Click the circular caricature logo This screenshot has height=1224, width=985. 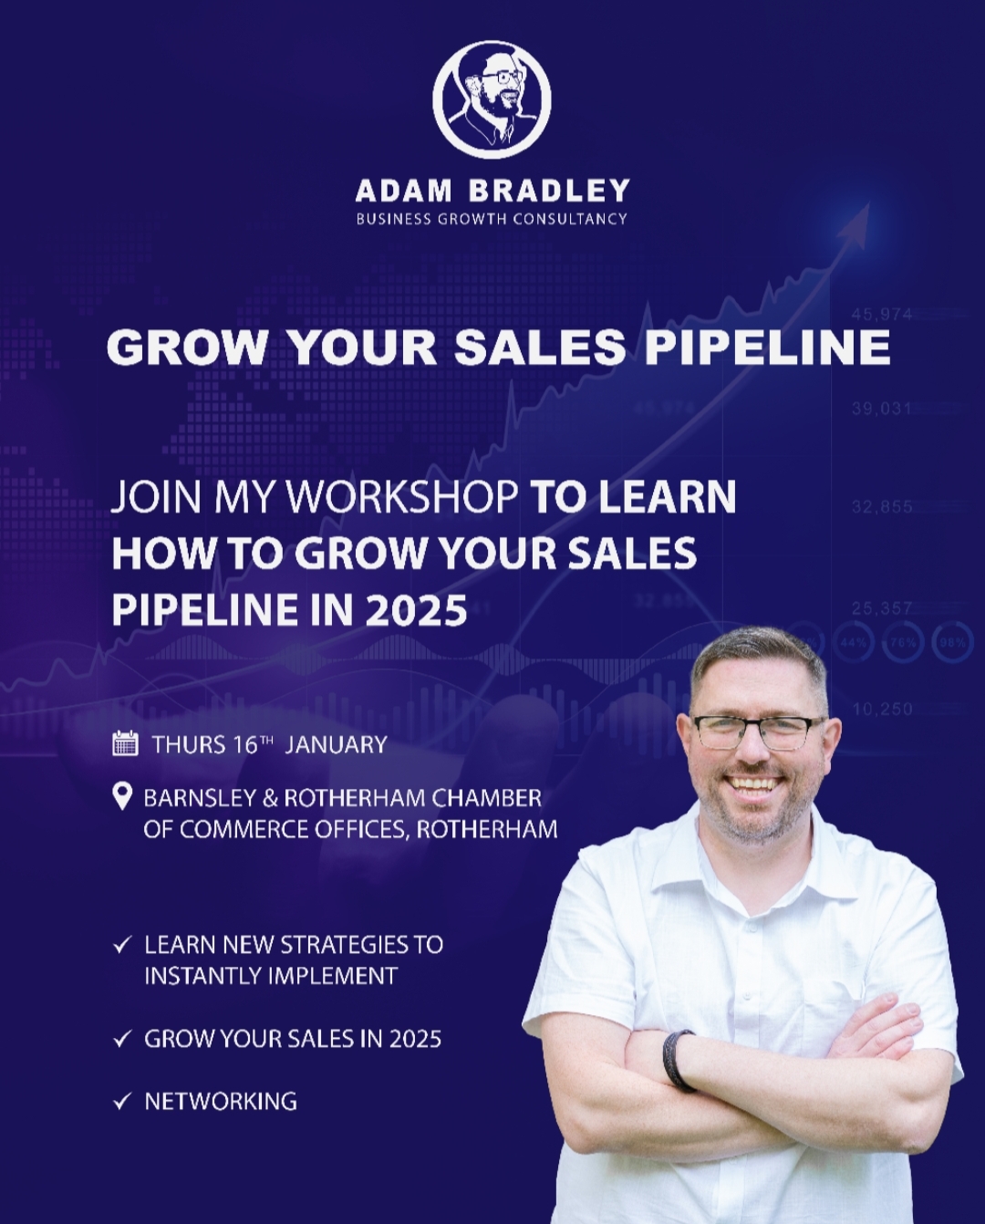click(x=492, y=99)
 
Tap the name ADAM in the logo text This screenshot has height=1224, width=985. click(x=403, y=191)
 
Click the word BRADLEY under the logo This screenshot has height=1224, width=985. click(x=549, y=191)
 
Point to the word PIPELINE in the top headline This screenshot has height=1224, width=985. click(x=767, y=347)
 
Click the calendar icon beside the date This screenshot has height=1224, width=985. click(x=126, y=743)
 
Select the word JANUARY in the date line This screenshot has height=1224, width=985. click(x=336, y=744)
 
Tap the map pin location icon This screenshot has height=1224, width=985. click(x=123, y=797)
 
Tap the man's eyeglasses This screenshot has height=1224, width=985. click(x=759, y=732)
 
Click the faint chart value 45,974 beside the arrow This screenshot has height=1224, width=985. click(x=882, y=314)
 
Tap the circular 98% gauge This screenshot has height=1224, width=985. click(x=952, y=643)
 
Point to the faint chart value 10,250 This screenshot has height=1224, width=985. click(x=882, y=709)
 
